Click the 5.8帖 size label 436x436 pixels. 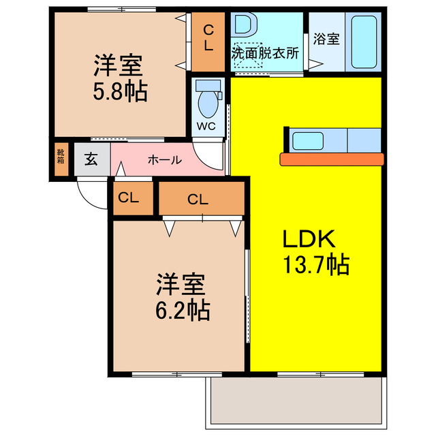pyautogui.click(x=120, y=92)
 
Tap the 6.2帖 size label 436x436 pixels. pyautogui.click(x=182, y=310)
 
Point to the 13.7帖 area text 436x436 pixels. pyautogui.click(x=316, y=263)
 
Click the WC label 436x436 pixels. pyautogui.click(x=206, y=127)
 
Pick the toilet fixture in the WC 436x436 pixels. pyautogui.click(x=207, y=100)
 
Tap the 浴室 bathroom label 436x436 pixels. pyautogui.click(x=326, y=39)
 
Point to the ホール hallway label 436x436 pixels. pyautogui.click(x=164, y=161)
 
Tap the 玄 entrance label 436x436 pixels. pyautogui.click(x=91, y=160)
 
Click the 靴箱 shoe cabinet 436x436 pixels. pyautogui.click(x=61, y=157)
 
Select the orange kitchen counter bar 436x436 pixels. pyautogui.click(x=332, y=159)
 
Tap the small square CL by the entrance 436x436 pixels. pyautogui.click(x=129, y=199)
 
